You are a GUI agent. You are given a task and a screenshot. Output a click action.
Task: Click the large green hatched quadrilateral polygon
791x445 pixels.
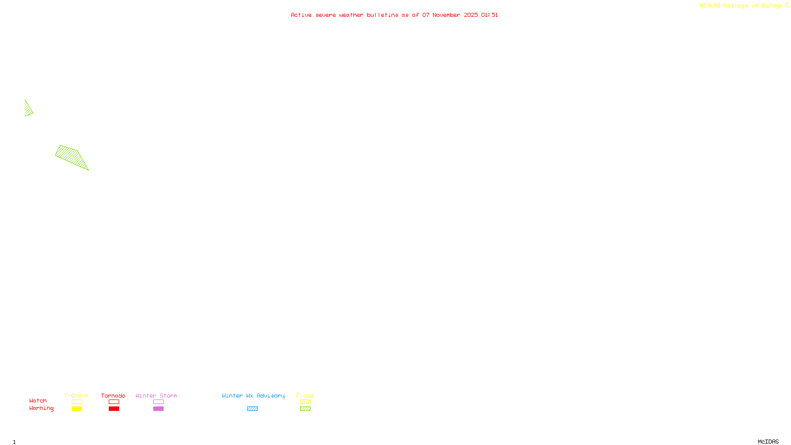(x=72, y=156)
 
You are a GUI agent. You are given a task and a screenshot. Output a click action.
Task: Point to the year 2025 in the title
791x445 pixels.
(x=471, y=15)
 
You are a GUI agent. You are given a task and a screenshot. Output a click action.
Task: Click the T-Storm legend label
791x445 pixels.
(x=76, y=396)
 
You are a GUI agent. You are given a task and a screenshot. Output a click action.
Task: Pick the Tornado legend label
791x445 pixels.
(x=113, y=396)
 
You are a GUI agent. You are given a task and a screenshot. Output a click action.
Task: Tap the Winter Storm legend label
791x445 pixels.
(x=156, y=396)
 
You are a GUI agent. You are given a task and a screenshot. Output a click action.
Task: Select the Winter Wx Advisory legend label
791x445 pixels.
(x=253, y=396)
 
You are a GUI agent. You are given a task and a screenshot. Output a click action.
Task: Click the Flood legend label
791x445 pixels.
(x=305, y=396)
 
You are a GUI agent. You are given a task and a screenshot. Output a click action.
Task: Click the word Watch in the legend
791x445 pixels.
(x=38, y=400)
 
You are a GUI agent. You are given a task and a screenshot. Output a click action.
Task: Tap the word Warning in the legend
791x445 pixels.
(x=41, y=408)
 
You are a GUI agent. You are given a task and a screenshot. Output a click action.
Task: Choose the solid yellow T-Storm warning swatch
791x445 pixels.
(x=77, y=409)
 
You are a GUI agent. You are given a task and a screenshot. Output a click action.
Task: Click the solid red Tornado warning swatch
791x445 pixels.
(x=114, y=409)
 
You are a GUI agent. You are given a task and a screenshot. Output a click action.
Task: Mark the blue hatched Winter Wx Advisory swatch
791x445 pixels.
(x=252, y=409)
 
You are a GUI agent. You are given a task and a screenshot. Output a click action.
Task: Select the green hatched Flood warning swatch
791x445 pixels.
(x=305, y=409)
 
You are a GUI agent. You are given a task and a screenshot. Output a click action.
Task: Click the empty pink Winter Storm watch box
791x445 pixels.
(x=158, y=402)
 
